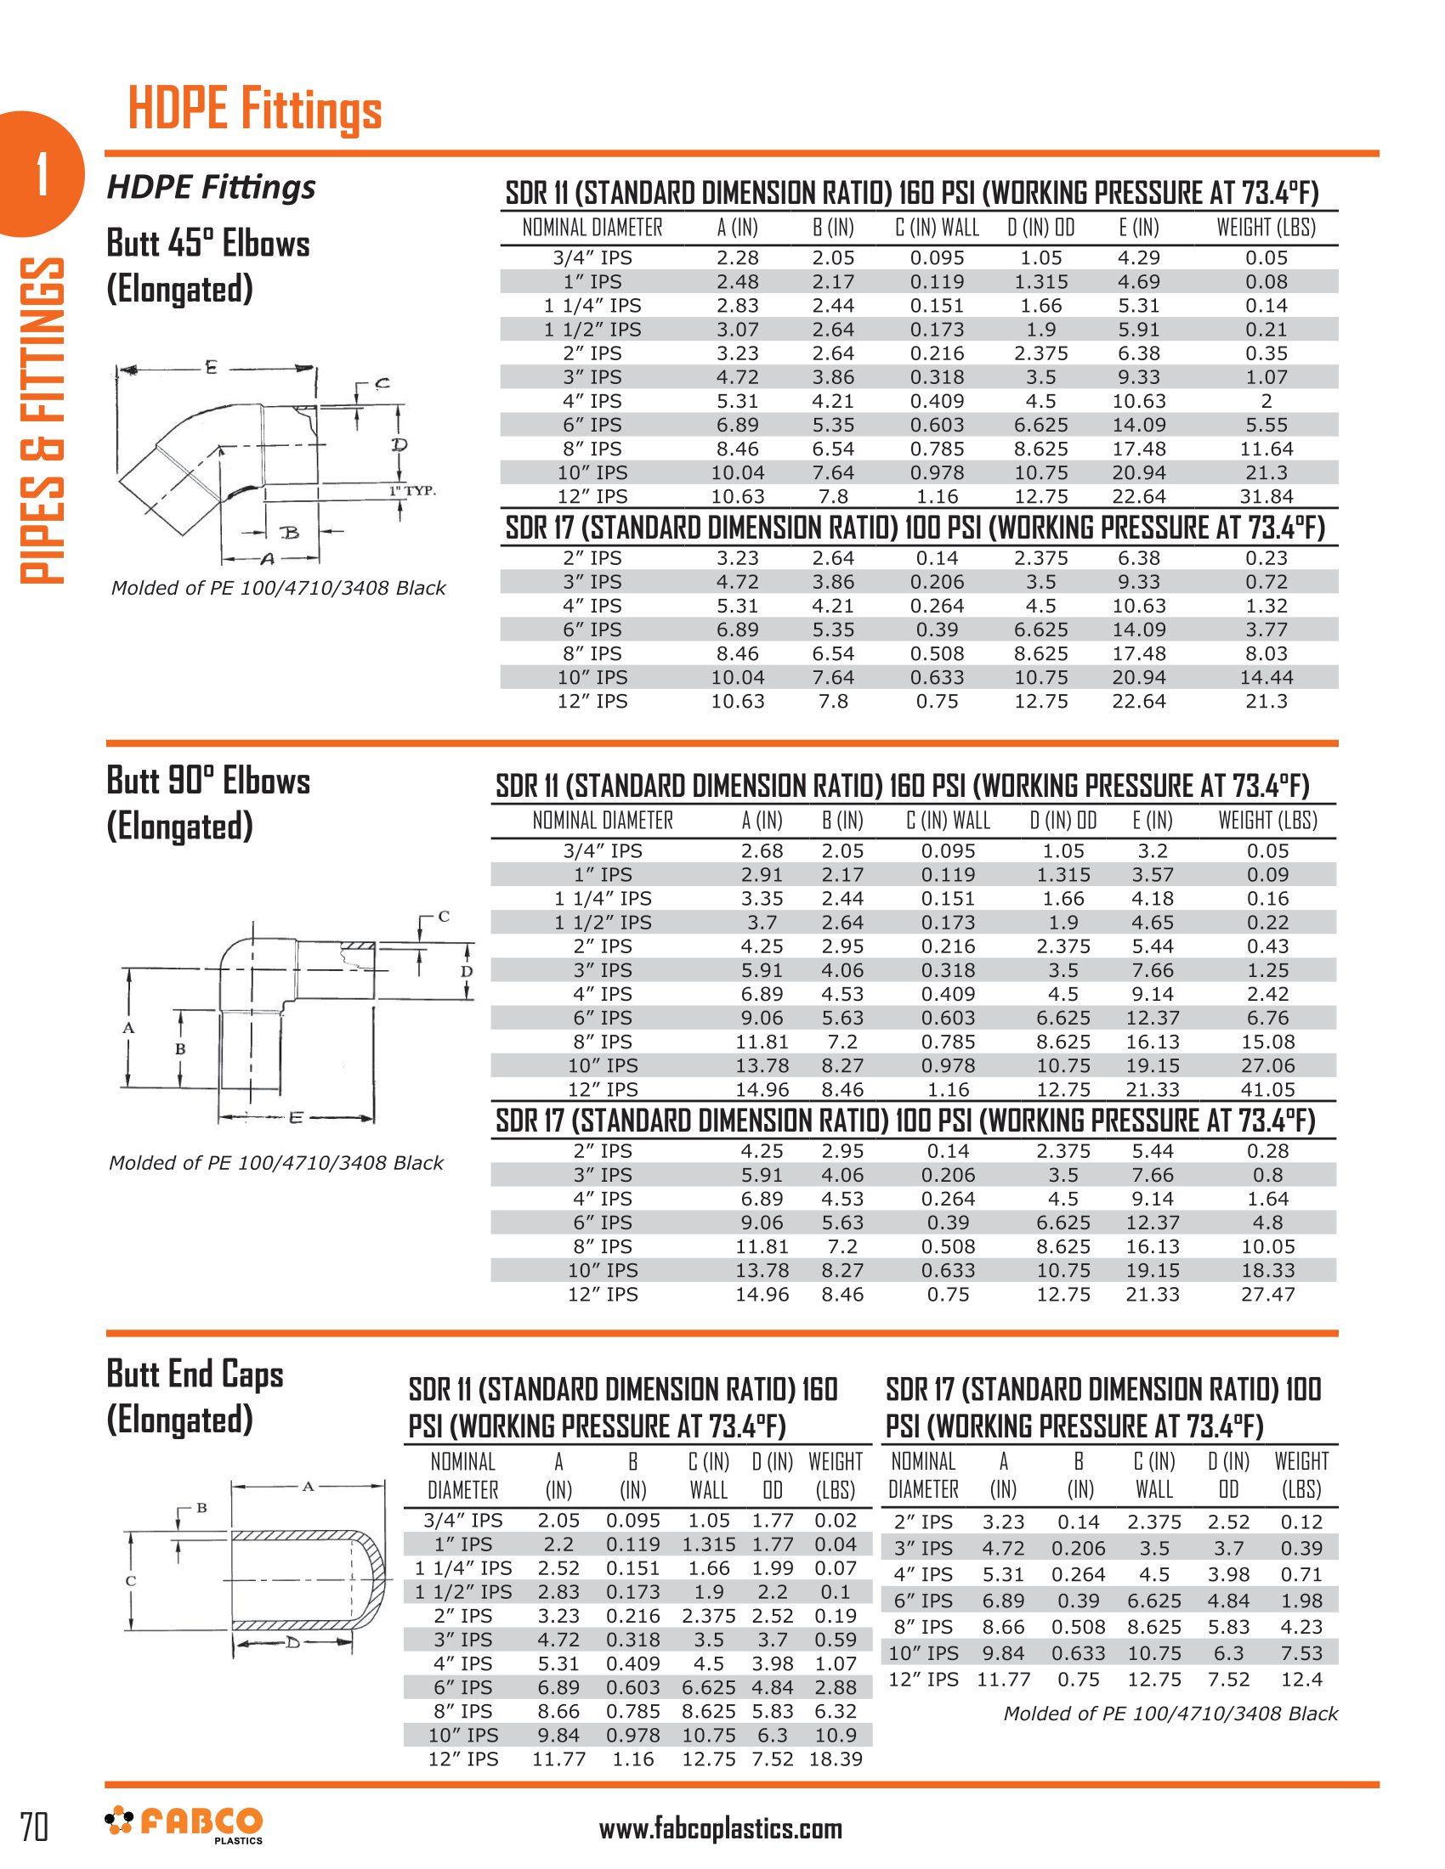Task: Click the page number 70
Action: pyautogui.click(x=34, y=1827)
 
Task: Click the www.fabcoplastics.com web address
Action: pyautogui.click(x=720, y=1829)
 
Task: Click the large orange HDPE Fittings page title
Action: pyautogui.click(x=254, y=110)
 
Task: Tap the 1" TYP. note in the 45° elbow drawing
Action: pyautogui.click(x=412, y=490)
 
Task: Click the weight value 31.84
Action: pyautogui.click(x=1266, y=496)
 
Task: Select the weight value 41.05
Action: pyautogui.click(x=1267, y=1089)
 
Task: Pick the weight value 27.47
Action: pyautogui.click(x=1267, y=1294)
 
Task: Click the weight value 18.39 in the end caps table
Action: pyautogui.click(x=835, y=1759)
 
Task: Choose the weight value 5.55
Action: pyautogui.click(x=1266, y=425)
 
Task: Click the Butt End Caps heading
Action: pyautogui.click(x=195, y=1374)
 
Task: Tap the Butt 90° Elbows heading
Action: pyautogui.click(x=208, y=781)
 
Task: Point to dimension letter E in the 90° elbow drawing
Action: pyautogui.click(x=295, y=1117)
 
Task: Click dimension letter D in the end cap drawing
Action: pyautogui.click(x=292, y=1642)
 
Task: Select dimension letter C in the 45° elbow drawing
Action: pyautogui.click(x=382, y=382)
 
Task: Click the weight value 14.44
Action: pyautogui.click(x=1266, y=677)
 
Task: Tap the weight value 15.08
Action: pyautogui.click(x=1267, y=1042)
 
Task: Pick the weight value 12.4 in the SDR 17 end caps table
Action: pyautogui.click(x=1300, y=1679)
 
